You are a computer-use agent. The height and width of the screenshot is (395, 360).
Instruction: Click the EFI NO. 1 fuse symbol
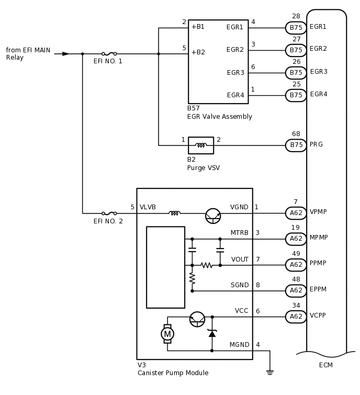click(x=109, y=53)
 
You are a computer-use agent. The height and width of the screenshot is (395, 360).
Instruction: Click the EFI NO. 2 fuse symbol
click(x=109, y=213)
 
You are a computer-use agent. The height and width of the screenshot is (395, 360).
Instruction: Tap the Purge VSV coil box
click(x=201, y=145)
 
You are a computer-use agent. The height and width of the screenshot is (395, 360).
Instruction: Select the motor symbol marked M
click(x=167, y=333)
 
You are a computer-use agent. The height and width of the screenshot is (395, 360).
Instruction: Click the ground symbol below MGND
click(x=269, y=372)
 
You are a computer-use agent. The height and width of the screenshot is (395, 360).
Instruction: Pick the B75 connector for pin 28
click(x=296, y=28)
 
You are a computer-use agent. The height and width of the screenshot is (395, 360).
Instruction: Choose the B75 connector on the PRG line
click(x=296, y=145)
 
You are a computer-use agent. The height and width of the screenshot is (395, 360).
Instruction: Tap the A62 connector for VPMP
click(x=296, y=213)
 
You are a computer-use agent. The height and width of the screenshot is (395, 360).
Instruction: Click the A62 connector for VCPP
click(x=296, y=317)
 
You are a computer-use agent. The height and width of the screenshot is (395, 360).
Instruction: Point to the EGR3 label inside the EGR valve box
click(x=235, y=73)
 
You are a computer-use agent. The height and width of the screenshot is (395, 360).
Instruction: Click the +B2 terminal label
click(x=198, y=52)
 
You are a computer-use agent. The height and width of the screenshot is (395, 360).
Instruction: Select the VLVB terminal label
click(x=148, y=207)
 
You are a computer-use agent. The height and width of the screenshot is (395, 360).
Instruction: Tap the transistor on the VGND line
click(x=212, y=215)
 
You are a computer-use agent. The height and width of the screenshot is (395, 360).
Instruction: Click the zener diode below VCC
click(x=212, y=333)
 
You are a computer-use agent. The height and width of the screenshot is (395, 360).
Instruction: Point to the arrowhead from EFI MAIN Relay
click(x=65, y=53)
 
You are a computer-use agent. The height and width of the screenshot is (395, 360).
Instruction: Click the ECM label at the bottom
click(x=325, y=365)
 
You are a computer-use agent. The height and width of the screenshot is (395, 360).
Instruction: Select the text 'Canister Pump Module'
click(x=173, y=373)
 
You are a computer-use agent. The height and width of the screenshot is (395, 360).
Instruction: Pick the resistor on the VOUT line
click(x=207, y=265)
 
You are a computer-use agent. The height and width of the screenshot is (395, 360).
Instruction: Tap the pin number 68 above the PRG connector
click(x=296, y=134)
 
